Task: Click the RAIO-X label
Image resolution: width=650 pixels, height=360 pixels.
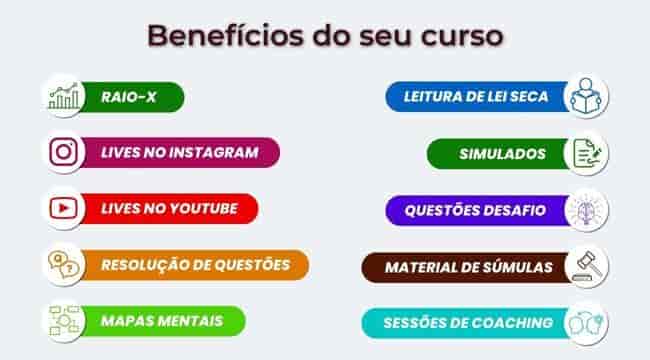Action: [x=127, y=97]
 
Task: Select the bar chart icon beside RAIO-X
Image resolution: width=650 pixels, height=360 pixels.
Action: [x=64, y=97]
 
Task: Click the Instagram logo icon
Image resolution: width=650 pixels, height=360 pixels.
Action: [x=64, y=152]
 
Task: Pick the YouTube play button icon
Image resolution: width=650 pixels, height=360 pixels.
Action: [x=64, y=208]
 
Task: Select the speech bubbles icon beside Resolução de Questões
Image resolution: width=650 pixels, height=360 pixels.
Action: [x=64, y=264]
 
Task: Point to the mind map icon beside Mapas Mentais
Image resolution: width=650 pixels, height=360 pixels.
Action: [x=64, y=320]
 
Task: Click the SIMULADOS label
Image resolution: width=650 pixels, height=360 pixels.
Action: [x=502, y=153]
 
